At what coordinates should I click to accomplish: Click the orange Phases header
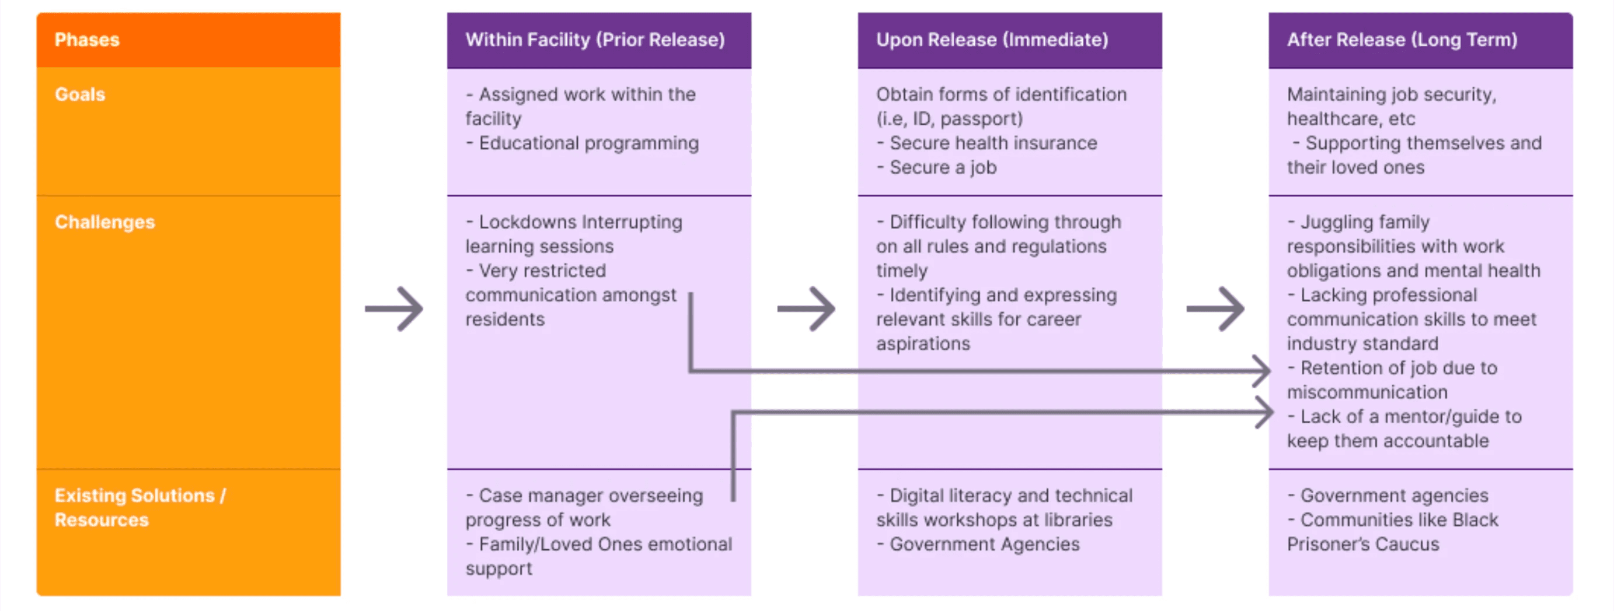click(87, 40)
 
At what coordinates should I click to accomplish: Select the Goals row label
click(80, 94)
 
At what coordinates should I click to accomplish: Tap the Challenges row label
click(104, 222)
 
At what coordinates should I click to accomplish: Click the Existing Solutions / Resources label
click(140, 507)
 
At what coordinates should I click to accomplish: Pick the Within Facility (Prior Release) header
click(595, 40)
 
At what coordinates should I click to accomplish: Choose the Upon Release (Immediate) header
click(992, 40)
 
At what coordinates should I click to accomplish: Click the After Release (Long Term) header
click(1402, 40)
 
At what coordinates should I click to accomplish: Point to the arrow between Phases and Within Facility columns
click(394, 308)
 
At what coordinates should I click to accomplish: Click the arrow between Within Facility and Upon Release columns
click(806, 308)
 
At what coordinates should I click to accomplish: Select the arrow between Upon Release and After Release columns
click(1215, 308)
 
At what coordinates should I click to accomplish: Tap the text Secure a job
click(943, 168)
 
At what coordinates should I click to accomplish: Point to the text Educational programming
click(588, 143)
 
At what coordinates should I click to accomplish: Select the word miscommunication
click(1367, 392)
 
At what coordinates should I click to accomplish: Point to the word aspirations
click(923, 345)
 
